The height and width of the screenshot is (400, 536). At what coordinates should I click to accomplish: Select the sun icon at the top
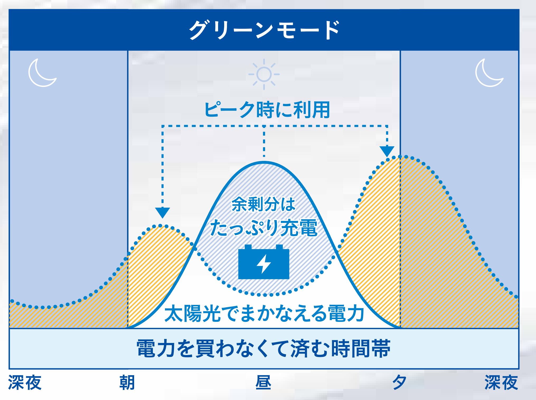[264, 75]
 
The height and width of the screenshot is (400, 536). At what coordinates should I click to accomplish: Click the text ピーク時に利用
[267, 110]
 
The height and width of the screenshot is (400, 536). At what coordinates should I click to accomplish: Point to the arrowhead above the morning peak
[162, 212]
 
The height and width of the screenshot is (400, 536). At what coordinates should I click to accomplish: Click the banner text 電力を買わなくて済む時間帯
[264, 348]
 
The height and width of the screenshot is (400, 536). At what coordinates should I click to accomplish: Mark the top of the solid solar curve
[264, 162]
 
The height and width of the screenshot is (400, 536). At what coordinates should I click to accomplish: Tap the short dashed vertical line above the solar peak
[264, 142]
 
